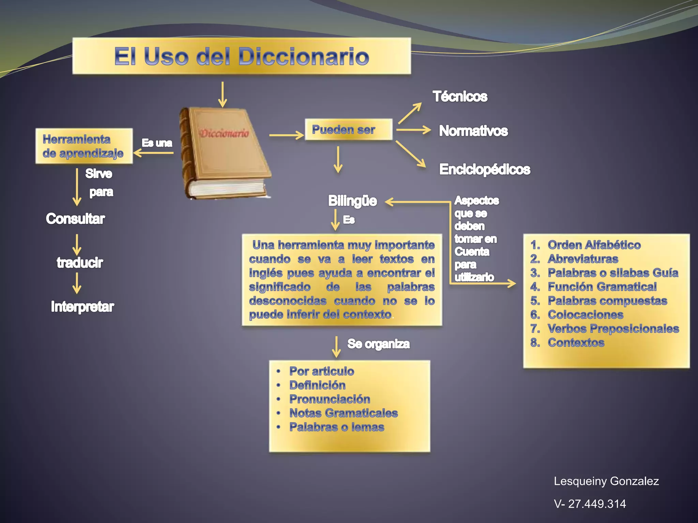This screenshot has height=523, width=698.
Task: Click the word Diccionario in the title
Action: [303, 56]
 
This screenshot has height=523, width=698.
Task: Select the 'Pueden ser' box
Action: [348, 129]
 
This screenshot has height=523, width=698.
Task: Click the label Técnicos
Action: [460, 96]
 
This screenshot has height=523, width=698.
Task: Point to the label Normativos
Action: [473, 131]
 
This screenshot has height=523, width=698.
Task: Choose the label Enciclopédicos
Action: [484, 169]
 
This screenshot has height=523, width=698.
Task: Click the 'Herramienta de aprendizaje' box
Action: [84, 146]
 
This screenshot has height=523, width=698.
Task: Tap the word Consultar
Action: [75, 219]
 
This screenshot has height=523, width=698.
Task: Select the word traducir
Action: [80, 263]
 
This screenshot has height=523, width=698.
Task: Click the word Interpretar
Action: [82, 306]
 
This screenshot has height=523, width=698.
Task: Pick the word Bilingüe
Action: [352, 201]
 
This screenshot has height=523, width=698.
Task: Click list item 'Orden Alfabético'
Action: [594, 245]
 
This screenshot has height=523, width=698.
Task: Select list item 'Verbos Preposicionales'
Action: [613, 329]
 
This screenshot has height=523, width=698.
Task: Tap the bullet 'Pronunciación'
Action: [330, 399]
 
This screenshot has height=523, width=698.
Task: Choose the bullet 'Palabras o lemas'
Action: [337, 427]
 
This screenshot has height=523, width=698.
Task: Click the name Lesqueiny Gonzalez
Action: [606, 481]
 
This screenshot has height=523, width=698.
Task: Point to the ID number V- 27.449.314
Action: [590, 504]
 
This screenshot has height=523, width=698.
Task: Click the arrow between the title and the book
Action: [223, 94]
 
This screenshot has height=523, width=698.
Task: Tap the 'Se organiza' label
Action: [378, 344]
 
